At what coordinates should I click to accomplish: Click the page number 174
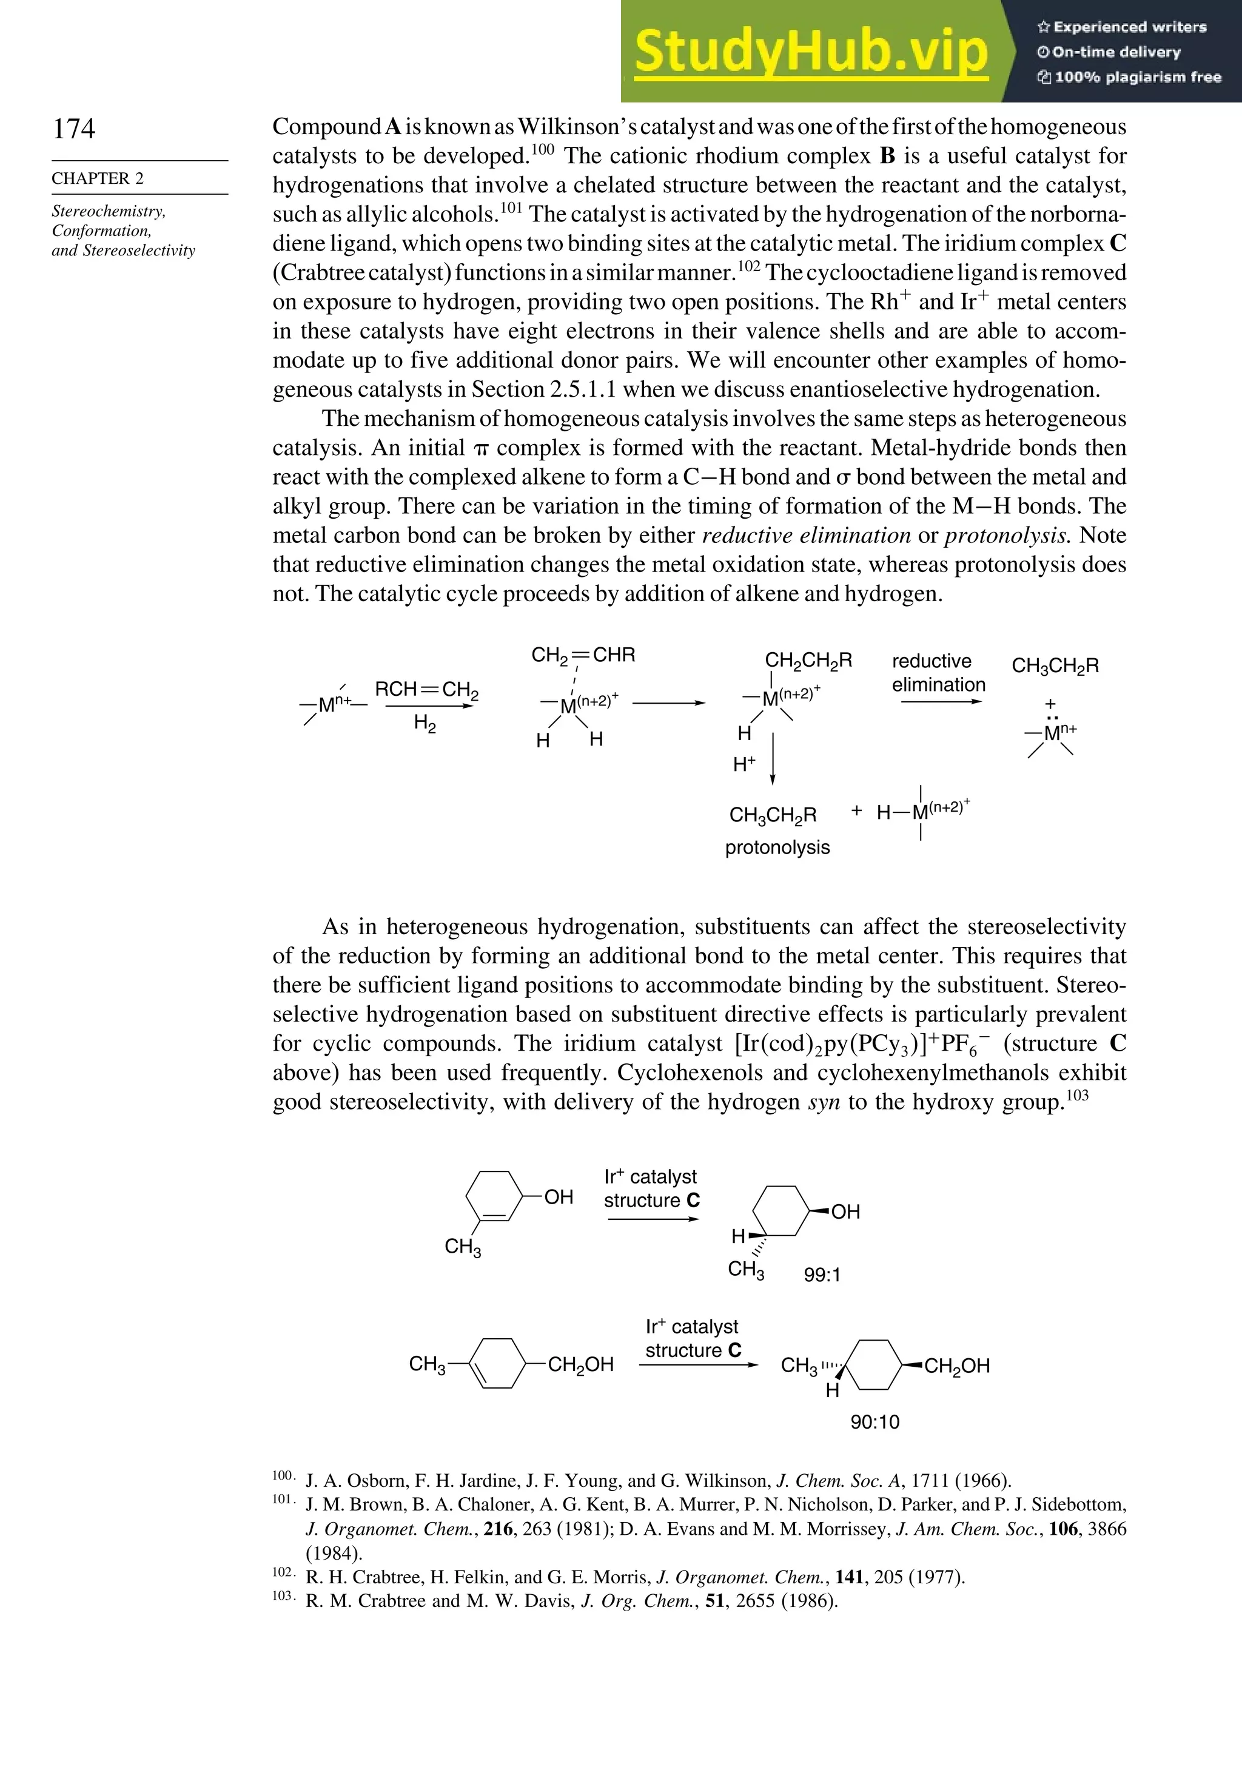tap(74, 129)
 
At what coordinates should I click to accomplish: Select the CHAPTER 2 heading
tap(98, 178)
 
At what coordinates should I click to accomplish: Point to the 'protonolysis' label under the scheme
tap(777, 847)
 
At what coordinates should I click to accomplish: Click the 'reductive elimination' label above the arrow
tap(938, 673)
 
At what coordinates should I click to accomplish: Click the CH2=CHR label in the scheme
tap(583, 656)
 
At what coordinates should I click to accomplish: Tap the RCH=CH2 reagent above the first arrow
tap(426, 689)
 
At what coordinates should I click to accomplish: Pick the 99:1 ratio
tap(822, 1275)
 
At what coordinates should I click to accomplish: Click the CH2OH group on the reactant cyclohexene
tap(580, 1364)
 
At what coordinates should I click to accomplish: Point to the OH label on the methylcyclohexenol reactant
tap(558, 1197)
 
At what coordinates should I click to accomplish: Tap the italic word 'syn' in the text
tap(823, 1102)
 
